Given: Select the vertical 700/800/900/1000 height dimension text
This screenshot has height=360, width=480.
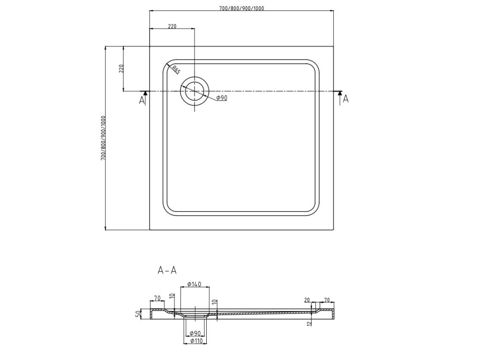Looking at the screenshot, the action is coord(103,138).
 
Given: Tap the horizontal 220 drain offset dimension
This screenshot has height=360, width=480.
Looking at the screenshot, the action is coord(172,26).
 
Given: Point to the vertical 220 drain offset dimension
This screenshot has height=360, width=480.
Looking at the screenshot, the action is coord(121,68).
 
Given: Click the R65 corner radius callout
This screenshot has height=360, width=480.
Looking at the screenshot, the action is coord(175,70).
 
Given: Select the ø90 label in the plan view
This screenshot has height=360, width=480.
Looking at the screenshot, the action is coord(222,98).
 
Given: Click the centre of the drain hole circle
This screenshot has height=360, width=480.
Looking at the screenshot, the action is coord(194,91).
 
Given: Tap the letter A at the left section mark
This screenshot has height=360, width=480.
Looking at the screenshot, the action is coord(142,100).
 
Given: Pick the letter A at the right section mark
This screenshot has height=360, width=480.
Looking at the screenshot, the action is coord(346,98).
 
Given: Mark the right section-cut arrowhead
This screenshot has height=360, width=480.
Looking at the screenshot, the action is coord(339,93).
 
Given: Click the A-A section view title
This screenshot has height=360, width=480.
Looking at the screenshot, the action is coord(167,270).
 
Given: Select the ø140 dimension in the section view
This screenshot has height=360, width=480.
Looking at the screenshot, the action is coord(194,285).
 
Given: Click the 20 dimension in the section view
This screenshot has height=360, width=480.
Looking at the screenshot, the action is coord(307,300).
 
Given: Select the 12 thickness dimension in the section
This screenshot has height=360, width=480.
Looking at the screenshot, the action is coord(310,323).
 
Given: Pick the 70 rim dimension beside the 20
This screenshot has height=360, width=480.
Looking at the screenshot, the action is coord(327,300).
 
